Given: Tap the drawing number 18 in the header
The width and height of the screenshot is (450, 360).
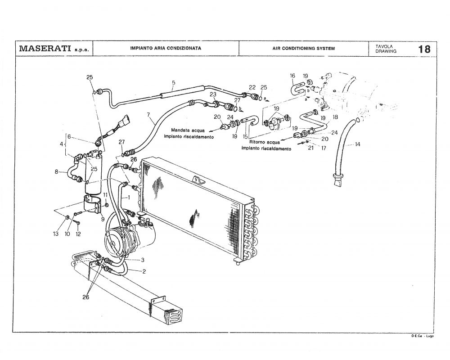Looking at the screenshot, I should tap(424, 49).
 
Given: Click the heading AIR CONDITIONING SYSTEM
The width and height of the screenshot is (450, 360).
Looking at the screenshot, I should tap(303, 49).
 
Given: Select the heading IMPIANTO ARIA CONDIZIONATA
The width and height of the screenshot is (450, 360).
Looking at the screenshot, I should tap(165, 48).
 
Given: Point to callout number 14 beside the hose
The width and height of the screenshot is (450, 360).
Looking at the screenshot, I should tap(358, 144).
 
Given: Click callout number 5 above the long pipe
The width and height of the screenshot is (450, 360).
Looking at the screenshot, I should tap(173, 83).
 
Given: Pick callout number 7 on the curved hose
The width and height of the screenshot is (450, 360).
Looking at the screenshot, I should tap(148, 115).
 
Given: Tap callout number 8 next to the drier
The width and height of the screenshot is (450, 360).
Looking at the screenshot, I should tap(57, 171).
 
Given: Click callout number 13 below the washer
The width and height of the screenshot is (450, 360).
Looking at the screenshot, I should tap(56, 234).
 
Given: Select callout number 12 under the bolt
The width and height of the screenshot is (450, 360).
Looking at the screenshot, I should tap(78, 234).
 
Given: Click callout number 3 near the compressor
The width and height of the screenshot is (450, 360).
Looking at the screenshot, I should tap(142, 260).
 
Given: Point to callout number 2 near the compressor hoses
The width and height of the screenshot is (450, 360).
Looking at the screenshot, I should tap(144, 271).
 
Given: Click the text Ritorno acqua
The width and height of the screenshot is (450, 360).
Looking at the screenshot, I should tap(261, 142).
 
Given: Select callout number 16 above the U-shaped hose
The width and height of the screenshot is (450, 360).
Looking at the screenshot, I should tap(292, 76).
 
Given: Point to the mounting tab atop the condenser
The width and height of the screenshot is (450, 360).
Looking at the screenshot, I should tap(197, 180).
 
